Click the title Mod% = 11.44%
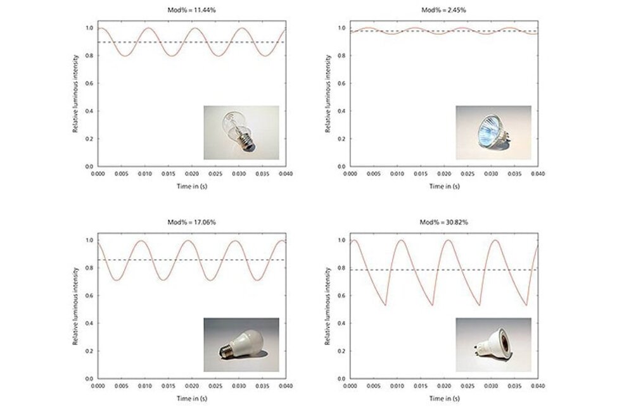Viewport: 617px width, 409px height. [x=191, y=10]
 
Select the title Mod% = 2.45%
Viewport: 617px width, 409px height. [x=444, y=10]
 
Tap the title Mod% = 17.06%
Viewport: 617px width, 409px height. [x=191, y=222]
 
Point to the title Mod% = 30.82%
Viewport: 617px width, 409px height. [x=444, y=222]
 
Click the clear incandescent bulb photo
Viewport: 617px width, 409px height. [x=241, y=132]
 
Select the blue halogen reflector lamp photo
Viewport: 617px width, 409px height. [x=493, y=132]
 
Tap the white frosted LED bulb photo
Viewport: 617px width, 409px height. [x=241, y=344]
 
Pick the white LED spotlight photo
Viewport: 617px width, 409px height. [x=493, y=344]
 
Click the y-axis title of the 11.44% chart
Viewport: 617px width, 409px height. [x=75, y=94]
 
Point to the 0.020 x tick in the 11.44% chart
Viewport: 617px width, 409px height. [x=192, y=173]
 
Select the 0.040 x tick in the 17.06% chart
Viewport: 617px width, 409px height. [x=285, y=385]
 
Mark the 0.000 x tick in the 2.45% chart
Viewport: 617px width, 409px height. [x=350, y=173]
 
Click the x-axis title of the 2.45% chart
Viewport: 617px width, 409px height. [x=444, y=186]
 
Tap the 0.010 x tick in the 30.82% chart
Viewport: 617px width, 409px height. [x=397, y=385]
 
